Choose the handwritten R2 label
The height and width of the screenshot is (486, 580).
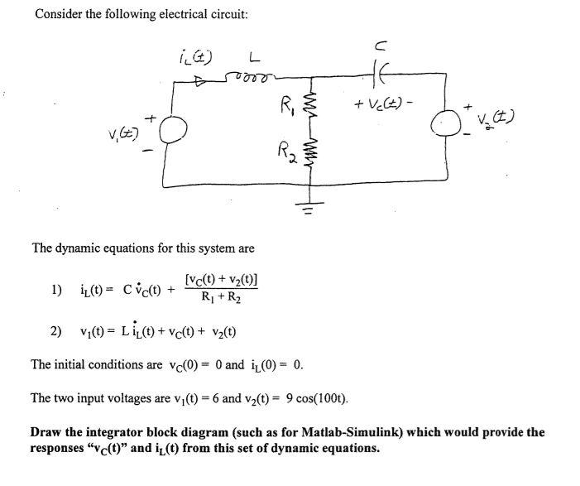pyautogui.click(x=286, y=152)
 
